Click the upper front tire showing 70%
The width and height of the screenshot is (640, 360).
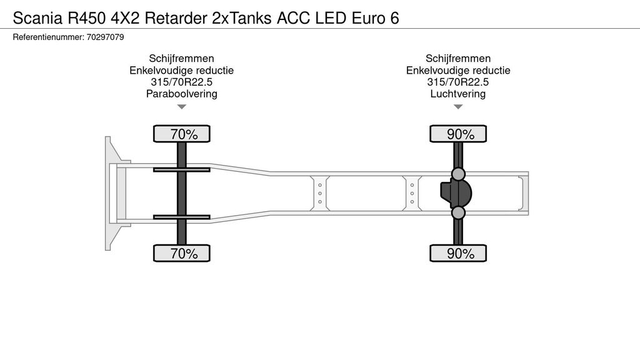pos(182,134)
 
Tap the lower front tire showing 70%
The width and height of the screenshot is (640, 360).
pos(182,253)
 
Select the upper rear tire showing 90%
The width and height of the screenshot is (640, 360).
pos(458,134)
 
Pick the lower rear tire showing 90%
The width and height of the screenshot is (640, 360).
pos(458,253)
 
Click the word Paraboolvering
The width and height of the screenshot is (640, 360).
pos(181,94)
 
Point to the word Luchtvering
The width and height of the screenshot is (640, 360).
pos(457,94)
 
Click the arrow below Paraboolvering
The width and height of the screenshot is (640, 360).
pos(181,107)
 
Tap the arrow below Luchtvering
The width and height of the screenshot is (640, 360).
pos(458,107)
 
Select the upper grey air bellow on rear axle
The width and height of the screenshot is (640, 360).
pos(458,173)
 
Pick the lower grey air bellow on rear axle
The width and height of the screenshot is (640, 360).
pos(458,213)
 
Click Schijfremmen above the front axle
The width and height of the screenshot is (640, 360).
pos(181,59)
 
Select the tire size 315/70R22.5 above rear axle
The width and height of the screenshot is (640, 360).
pos(457,82)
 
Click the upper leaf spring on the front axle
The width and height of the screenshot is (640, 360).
pos(182,169)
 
